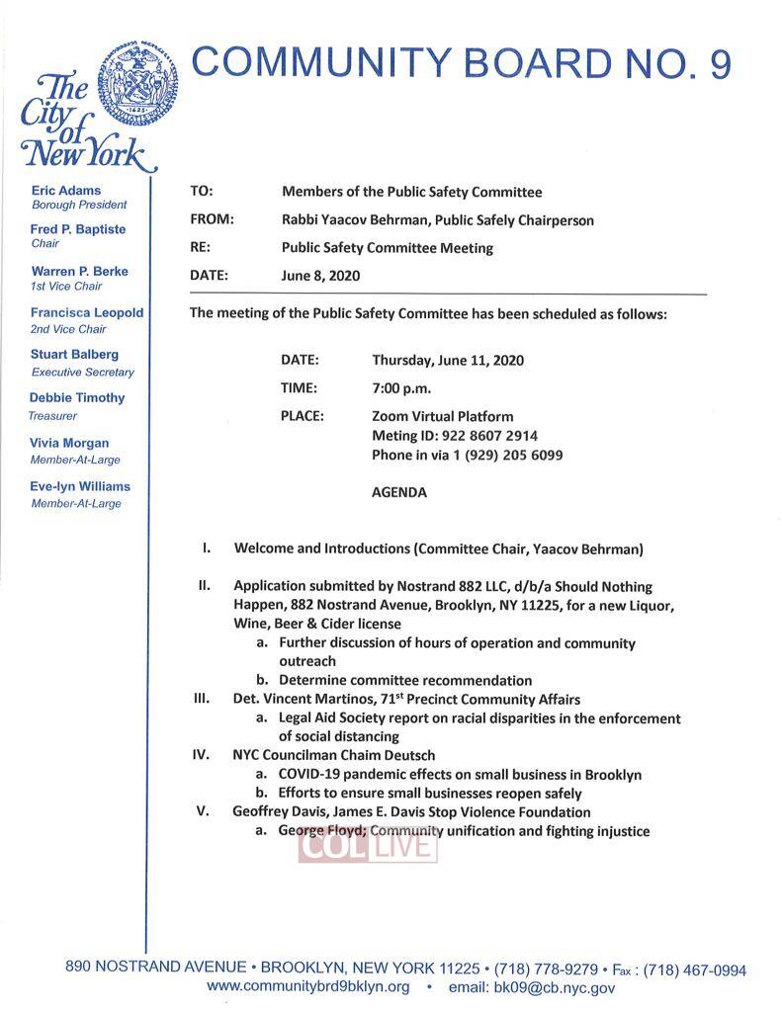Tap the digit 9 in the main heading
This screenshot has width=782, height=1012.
pyautogui.click(x=720, y=62)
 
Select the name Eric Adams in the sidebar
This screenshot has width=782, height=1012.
pyautogui.click(x=65, y=190)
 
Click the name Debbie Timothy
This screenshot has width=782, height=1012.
pyautogui.click(x=77, y=397)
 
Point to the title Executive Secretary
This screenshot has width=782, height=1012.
pyautogui.click(x=83, y=373)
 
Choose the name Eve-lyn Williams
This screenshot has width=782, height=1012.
pyautogui.click(x=80, y=486)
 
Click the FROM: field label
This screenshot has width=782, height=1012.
pyautogui.click(x=211, y=219)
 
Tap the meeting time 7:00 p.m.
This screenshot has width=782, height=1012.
pyautogui.click(x=401, y=388)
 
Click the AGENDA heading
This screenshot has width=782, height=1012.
pyautogui.click(x=399, y=492)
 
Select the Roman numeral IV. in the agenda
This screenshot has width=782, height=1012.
pyautogui.click(x=201, y=755)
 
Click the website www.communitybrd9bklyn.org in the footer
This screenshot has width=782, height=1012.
pyautogui.click(x=308, y=986)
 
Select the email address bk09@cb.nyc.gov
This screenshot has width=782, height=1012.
pyautogui.click(x=532, y=986)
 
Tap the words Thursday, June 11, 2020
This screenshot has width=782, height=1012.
pyautogui.click(x=448, y=360)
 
